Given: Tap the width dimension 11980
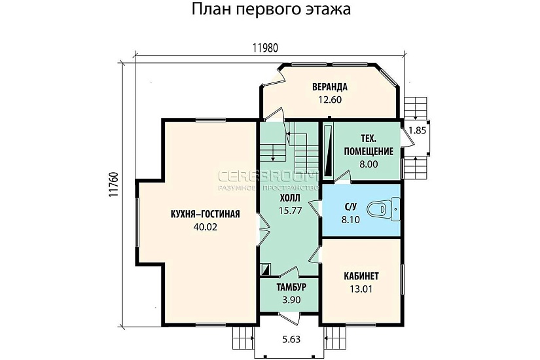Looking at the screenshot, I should tap(268, 48).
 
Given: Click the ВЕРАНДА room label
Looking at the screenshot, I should tap(329, 87).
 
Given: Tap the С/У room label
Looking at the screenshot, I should tap(351, 208).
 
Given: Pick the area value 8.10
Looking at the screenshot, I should tap(351, 221).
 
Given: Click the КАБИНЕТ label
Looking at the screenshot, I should tap(361, 276).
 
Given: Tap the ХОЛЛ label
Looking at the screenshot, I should tap(290, 197).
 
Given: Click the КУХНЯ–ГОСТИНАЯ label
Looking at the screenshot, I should tap(205, 215).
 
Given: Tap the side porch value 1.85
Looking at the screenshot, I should tap(417, 130).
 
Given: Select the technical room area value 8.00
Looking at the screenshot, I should tap(369, 164).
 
